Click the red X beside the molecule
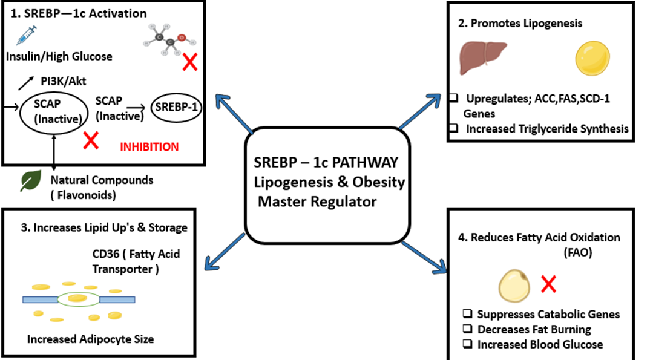pyautogui.click(x=189, y=62)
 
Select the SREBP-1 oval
pyautogui.click(x=176, y=108)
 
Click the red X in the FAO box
pyautogui.click(x=548, y=284)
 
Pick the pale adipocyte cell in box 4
pyautogui.click(x=515, y=284)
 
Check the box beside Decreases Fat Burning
pyautogui.click(x=468, y=330)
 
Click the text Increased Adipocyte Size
pyautogui.click(x=90, y=339)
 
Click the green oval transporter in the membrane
pyautogui.click(x=77, y=298)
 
